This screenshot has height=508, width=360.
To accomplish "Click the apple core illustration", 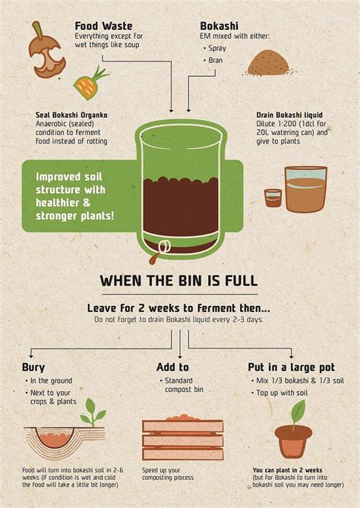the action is [46, 52].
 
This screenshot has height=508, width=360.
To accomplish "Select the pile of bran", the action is [267, 63].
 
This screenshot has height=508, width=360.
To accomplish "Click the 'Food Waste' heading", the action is [104, 26].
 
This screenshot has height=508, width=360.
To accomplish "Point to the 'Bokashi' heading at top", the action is [219, 26].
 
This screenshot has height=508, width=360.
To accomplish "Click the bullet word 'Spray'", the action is [217, 49].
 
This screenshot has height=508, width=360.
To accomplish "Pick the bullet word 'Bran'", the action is [216, 60].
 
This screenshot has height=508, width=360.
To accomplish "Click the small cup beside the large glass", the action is [273, 198].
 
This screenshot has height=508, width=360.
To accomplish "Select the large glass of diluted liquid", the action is [306, 189].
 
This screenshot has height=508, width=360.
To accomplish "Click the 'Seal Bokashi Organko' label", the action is [71, 115].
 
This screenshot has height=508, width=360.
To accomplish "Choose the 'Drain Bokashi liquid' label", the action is [289, 115].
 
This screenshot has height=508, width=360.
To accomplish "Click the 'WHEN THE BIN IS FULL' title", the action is [179, 280].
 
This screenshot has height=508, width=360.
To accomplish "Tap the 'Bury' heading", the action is [33, 368].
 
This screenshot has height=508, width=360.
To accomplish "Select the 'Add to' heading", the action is [172, 367].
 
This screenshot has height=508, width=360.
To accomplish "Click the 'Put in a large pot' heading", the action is [292, 368].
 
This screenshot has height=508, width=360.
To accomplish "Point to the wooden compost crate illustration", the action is [183, 437].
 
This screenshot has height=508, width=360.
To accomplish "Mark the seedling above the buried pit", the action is [93, 412].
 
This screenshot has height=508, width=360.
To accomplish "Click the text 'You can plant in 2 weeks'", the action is [287, 470].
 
